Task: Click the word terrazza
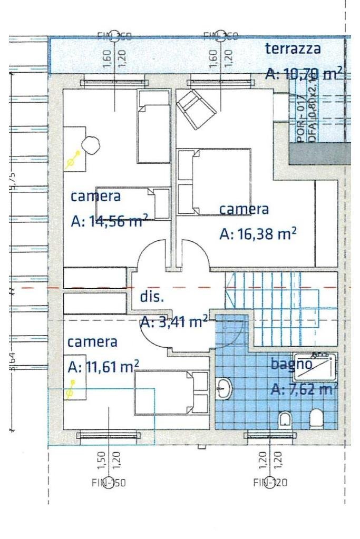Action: (x=293, y=50)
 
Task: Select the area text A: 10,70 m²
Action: (x=303, y=73)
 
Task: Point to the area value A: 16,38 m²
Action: (x=258, y=233)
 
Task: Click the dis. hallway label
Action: (x=152, y=296)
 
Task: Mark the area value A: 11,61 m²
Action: (x=103, y=366)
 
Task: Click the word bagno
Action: (x=291, y=363)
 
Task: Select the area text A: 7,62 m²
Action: (x=304, y=389)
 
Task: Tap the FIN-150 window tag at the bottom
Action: (x=108, y=482)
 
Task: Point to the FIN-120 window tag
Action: (x=270, y=482)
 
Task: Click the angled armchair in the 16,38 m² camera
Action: (x=195, y=109)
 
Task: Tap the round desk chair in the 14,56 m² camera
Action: (x=91, y=144)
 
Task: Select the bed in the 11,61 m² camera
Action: (x=171, y=392)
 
